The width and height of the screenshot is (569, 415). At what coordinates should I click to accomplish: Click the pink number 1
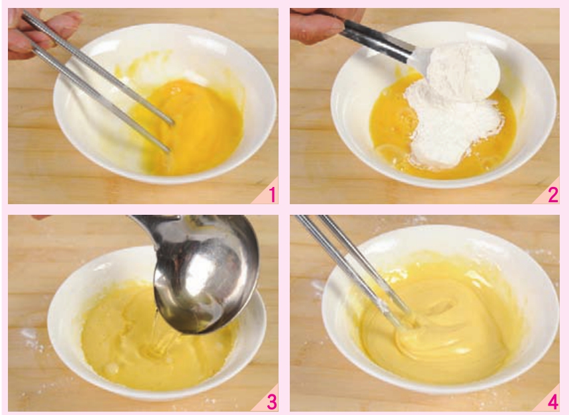[273, 196]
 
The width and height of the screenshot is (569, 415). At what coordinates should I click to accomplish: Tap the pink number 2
[553, 196]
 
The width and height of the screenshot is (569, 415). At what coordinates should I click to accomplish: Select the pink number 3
[272, 402]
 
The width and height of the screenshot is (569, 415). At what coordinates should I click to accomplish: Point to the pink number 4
[552, 402]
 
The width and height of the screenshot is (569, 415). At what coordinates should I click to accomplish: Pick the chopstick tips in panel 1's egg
[170, 137]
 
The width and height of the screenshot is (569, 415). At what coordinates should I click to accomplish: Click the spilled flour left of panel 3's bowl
[32, 339]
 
